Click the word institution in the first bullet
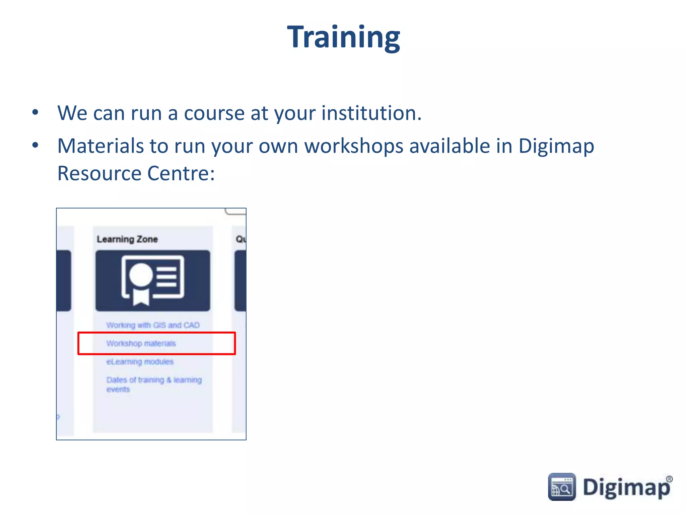tap(371, 113)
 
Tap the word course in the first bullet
tap(214, 113)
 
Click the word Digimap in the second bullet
tap(556, 147)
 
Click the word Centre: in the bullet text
tap(181, 173)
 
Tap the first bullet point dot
tap(35, 112)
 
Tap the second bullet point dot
tap(35, 145)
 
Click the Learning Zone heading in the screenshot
tap(127, 239)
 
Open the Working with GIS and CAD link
tap(153, 325)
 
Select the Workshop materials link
tap(141, 343)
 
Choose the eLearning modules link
tap(140, 362)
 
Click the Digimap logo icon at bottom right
tap(562, 487)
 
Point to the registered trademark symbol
tap(669, 479)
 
